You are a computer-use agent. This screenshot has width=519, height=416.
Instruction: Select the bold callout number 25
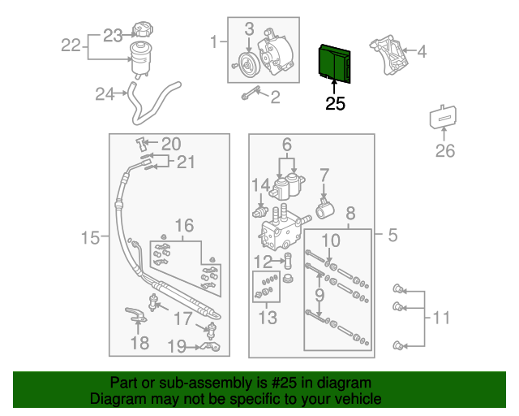click(x=335, y=104)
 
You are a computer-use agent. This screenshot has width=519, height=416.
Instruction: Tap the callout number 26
click(x=445, y=150)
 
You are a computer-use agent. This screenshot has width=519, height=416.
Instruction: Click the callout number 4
click(x=421, y=53)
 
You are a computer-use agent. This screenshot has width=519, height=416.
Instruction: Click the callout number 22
click(x=72, y=45)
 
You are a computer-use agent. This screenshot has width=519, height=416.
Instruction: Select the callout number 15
click(x=91, y=238)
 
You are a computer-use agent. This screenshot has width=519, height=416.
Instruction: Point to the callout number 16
click(x=184, y=225)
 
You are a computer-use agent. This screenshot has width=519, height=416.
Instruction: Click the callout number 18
click(x=139, y=344)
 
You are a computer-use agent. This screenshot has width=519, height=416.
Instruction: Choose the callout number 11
click(x=440, y=317)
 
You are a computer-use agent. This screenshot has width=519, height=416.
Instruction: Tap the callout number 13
click(x=267, y=318)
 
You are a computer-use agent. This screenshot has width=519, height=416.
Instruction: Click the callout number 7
click(x=324, y=174)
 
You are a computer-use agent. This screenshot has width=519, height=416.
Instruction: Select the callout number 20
click(x=170, y=144)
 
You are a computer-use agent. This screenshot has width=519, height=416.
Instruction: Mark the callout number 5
click(x=392, y=236)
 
